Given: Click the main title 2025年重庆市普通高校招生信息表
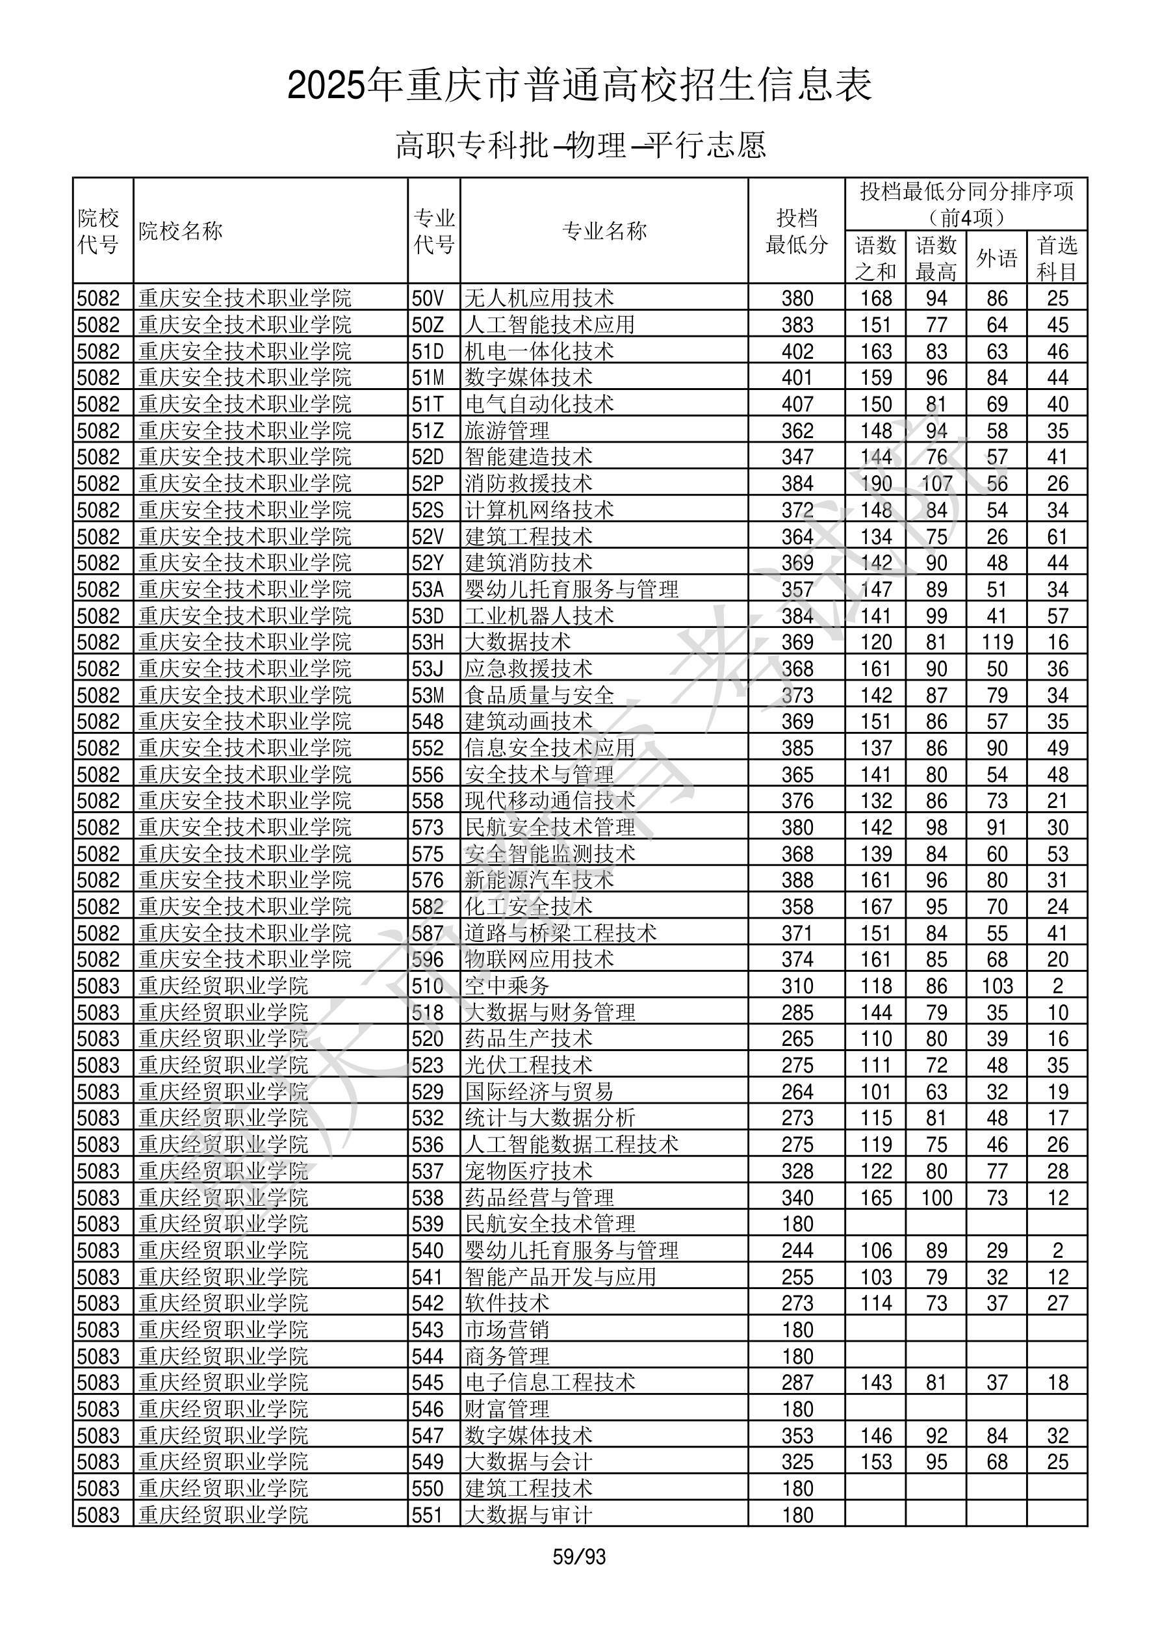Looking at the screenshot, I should [x=579, y=86].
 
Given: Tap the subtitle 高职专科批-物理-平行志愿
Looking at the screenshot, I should [x=580, y=145].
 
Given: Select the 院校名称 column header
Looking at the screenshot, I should [x=181, y=231].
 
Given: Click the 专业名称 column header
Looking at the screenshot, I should [x=604, y=231].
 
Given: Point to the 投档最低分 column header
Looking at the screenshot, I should [x=797, y=231].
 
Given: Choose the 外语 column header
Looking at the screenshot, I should [x=997, y=257].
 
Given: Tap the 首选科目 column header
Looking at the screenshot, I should [x=1057, y=257].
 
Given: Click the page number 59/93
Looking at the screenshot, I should [x=579, y=1557].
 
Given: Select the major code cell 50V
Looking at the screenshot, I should [x=428, y=298].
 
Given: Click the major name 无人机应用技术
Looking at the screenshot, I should [x=539, y=298].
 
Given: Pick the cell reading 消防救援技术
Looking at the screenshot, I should [x=528, y=484].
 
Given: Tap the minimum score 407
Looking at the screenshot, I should [x=797, y=404].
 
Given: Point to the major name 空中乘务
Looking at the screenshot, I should [x=507, y=986].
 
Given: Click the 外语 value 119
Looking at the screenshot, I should [x=997, y=642].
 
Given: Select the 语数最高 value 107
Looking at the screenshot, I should [x=936, y=484].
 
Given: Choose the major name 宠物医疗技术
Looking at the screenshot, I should [x=528, y=1171].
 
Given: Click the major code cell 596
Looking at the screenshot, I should [x=428, y=959].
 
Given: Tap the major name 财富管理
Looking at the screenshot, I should [x=507, y=1409].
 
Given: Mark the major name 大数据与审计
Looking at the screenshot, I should [x=528, y=1515].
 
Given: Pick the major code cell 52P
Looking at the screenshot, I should [x=428, y=484].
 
